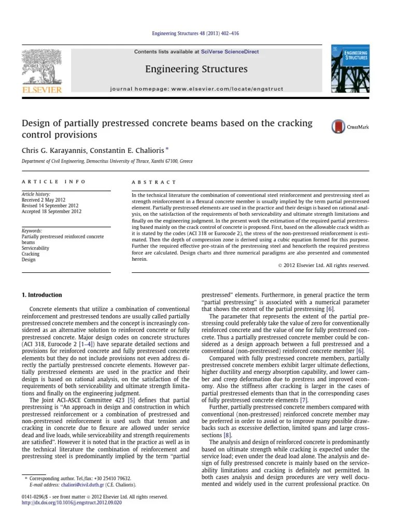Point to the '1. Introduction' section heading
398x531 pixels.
41,295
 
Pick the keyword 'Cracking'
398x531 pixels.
31,254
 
